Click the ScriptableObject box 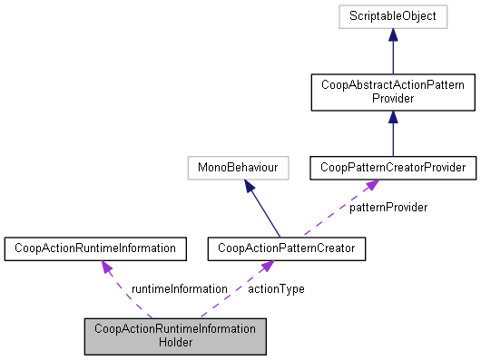pos(393,17)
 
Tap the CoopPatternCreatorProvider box pos(392,168)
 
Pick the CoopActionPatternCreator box pos(287,247)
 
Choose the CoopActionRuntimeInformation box pos(95,247)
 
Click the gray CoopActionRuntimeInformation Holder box pos(176,336)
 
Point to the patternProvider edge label pos(389,208)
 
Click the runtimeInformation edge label pos(178,287)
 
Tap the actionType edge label pos(276,287)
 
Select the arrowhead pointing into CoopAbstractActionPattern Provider pos(393,118)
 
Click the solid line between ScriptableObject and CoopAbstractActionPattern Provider pos(393,56)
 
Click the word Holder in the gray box pos(176,343)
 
